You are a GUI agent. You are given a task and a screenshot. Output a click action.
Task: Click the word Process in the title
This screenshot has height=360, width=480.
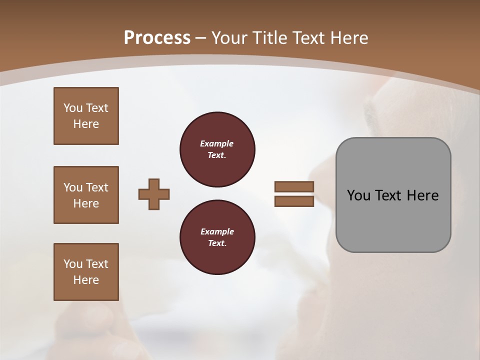tap(157, 38)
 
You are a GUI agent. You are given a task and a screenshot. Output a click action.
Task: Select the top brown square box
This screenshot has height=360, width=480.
tap(86, 116)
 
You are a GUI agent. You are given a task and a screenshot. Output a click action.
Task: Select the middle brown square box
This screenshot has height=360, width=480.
tap(86, 195)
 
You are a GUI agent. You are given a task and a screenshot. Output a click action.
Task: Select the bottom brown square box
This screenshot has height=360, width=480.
tap(86, 272)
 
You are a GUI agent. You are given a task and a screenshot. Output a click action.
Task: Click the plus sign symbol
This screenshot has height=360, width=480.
tap(154, 194)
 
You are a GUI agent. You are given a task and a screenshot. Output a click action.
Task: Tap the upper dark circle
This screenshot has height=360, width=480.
tap(217, 149)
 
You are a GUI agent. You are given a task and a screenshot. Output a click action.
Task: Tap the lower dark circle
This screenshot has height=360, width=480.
tap(217, 237)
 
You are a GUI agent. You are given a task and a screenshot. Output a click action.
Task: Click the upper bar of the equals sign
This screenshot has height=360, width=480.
tap(294, 186)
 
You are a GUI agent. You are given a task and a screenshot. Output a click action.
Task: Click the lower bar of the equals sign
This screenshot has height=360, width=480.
tap(294, 201)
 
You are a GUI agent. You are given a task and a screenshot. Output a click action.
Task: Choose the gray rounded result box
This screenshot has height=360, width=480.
tap(393, 195)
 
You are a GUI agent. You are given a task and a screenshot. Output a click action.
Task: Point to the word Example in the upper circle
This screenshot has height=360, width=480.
tap(217, 143)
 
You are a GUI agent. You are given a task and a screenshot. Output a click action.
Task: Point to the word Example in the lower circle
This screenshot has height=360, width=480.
tap(217, 231)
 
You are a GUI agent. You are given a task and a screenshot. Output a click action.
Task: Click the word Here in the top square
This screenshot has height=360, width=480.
tap(86, 124)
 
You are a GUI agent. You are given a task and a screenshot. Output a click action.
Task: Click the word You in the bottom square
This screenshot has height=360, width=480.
tap(73, 264)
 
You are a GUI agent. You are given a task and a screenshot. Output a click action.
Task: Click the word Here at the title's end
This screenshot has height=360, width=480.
tap(350, 38)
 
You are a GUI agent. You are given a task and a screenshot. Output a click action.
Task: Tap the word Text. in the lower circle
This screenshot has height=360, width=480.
tap(217, 243)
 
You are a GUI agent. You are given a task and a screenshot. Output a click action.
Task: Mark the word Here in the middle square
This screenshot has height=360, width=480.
tap(86, 203)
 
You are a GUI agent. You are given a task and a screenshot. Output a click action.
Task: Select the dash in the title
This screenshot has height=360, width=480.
tap(201, 38)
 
